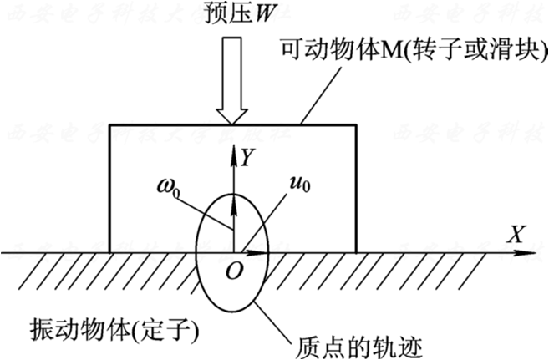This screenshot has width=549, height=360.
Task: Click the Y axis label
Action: coord(248,156)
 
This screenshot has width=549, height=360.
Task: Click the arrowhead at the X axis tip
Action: coord(531,250)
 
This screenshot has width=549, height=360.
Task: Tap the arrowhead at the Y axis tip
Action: coord(234,150)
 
